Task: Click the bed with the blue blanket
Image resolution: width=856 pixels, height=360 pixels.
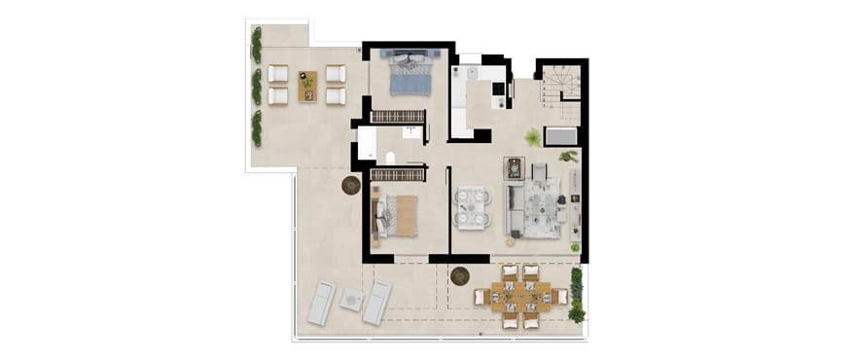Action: point(410,74)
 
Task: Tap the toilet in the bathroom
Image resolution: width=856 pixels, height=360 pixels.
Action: point(390,159)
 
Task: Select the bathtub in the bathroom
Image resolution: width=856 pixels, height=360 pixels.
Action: point(367,144)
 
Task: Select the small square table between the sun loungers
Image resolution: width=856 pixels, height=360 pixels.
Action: point(351,300)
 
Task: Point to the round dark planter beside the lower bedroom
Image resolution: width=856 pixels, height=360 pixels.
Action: point(351,185)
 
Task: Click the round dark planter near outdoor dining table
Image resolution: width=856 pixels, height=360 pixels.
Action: point(460,275)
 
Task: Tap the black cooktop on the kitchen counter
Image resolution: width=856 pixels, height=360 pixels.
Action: point(498,89)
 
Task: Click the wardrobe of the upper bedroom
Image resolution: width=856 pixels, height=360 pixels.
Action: point(398,117)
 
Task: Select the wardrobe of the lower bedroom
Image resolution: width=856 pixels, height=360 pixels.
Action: point(398,175)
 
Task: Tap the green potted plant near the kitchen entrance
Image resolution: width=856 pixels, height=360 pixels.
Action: point(533,137)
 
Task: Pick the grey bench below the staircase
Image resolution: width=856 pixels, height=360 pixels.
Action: point(562,135)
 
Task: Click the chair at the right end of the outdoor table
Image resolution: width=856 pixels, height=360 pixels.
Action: point(561,297)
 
